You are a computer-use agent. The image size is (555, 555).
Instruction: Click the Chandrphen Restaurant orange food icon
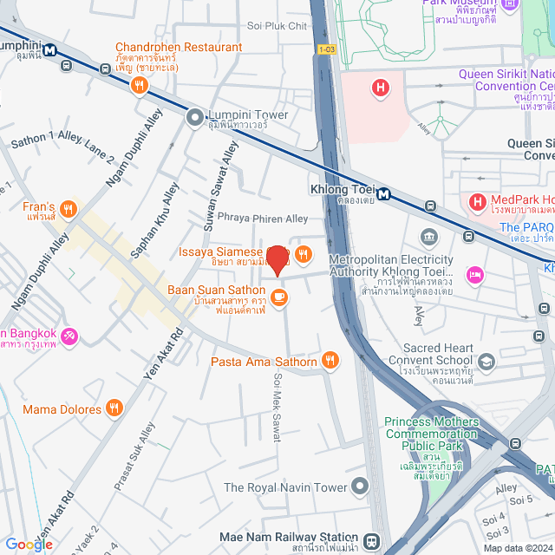pos(138,85)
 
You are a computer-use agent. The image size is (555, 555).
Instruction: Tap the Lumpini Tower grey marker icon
pos(194,114)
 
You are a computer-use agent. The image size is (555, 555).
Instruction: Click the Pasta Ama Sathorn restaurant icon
pos(330,361)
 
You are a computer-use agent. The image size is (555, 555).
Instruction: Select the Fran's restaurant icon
pos(69,209)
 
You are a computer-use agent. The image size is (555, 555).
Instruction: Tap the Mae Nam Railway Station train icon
pos(371,539)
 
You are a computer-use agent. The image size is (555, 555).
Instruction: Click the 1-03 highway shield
pos(326,51)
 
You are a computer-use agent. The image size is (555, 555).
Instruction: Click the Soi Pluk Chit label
pos(277,26)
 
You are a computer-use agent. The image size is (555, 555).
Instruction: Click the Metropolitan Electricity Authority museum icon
pos(429,237)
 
